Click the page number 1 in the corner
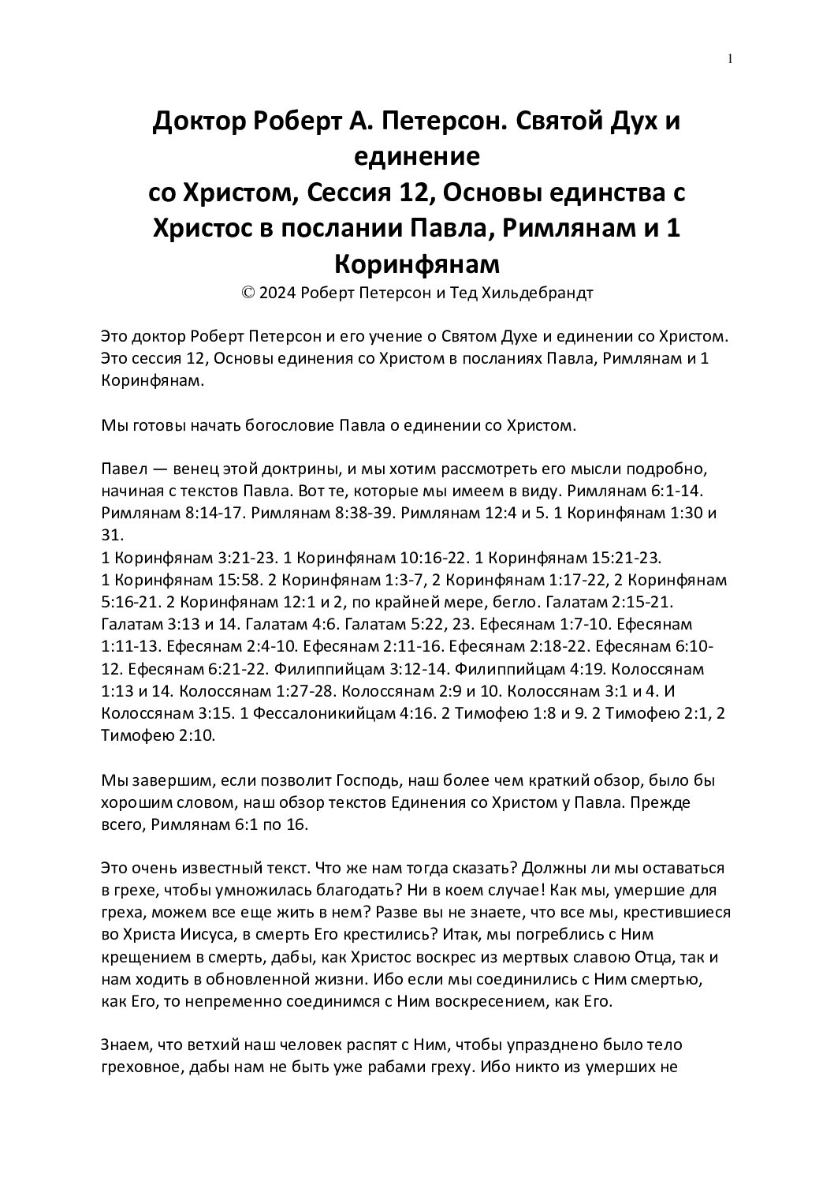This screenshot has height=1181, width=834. [731, 58]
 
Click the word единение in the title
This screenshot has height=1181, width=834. [416, 156]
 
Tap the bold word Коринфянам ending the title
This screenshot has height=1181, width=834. [416, 262]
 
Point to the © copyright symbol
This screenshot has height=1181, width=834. [248, 293]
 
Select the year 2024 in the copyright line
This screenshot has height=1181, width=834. [275, 293]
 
